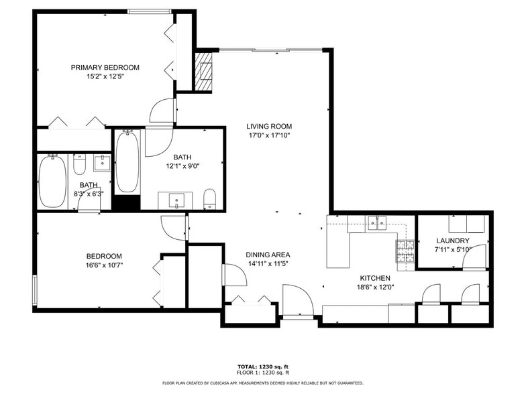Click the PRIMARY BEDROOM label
105,67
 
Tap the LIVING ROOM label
269,126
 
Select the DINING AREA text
268,255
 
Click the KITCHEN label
375,278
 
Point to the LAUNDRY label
453,241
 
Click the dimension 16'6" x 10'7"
104,265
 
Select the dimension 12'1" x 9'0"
182,166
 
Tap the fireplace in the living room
203,70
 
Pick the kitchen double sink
378,224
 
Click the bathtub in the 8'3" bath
52,182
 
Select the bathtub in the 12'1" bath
127,162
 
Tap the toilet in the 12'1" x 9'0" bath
209,198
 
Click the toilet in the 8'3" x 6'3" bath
80,164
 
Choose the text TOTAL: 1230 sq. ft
262,367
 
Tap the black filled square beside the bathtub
125,203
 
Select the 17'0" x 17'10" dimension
269,135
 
